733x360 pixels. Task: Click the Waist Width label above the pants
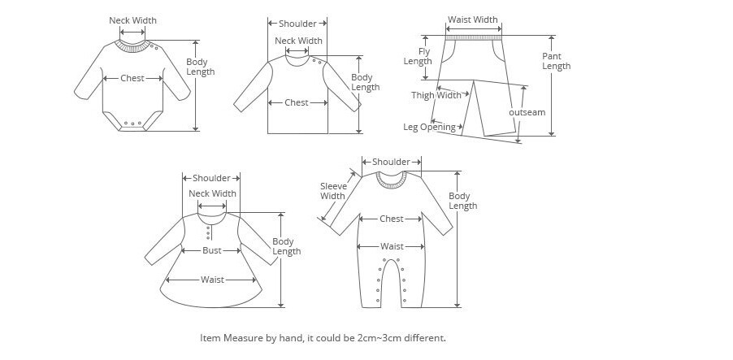coord(473,20)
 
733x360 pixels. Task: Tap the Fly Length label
coord(418,57)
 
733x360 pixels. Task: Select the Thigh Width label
coord(436,95)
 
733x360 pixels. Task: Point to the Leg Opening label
coord(429,127)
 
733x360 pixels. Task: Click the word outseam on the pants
coord(527,112)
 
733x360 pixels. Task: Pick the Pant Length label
coord(557,61)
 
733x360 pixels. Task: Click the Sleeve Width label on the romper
coord(333,191)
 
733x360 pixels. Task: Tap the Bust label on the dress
coord(212,250)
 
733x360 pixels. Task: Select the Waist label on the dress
coord(212,280)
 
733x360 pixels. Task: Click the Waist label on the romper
coord(392,246)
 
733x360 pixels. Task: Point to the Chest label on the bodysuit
coord(132,78)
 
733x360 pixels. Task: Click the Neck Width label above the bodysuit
coord(132,20)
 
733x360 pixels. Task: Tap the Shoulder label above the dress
coord(211,178)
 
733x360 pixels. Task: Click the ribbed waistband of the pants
coord(473,37)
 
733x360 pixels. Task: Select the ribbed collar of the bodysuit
coord(132,46)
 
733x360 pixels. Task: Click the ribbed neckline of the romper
coord(392,181)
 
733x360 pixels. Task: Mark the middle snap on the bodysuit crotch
coord(132,124)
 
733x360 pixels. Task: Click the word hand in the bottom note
coord(294,337)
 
